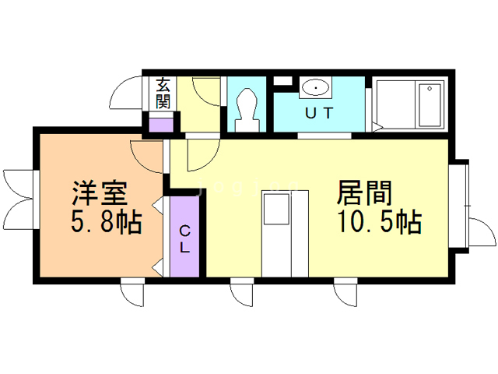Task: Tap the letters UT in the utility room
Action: click(318, 113)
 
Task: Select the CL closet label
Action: click(185, 240)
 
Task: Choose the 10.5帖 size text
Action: click(379, 224)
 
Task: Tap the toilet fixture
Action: click(247, 108)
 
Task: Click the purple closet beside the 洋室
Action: click(185, 234)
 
